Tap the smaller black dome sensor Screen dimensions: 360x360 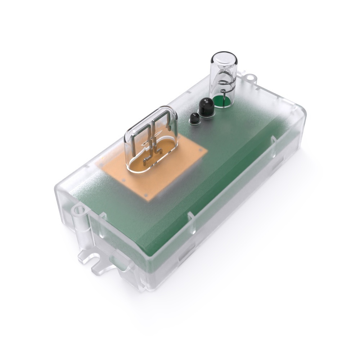pyautogui.click(x=194, y=118)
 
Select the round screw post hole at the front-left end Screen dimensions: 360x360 pyautogui.click(x=78, y=210)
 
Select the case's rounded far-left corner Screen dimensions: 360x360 pyautogui.click(x=59, y=187)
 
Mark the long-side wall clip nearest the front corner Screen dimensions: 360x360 pyautogui.click(x=191, y=216)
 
